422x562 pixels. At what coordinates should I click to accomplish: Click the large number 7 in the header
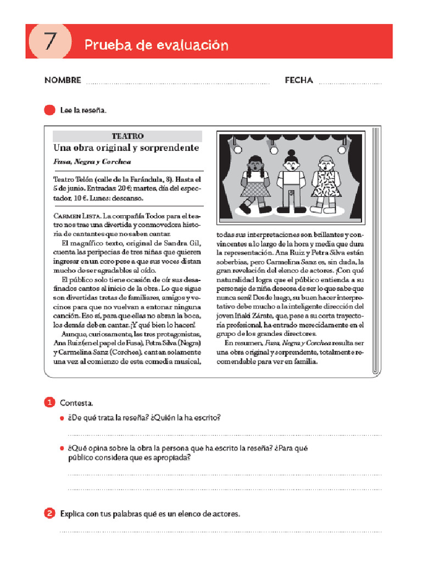pyautogui.click(x=50, y=42)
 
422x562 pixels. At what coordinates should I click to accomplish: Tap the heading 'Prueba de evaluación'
pyautogui.click(x=156, y=45)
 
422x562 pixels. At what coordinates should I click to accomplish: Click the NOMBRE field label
pyautogui.click(x=63, y=80)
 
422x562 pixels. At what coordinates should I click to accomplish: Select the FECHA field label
pyautogui.click(x=299, y=80)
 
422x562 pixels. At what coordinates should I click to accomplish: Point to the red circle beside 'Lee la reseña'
pyautogui.click(x=49, y=110)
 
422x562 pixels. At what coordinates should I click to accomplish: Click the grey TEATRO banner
pyautogui.click(x=127, y=136)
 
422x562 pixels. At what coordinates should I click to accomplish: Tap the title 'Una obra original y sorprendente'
pyautogui.click(x=126, y=148)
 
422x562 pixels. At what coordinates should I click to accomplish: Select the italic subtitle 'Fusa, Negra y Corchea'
pyautogui.click(x=92, y=162)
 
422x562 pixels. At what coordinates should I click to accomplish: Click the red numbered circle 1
pyautogui.click(x=49, y=403)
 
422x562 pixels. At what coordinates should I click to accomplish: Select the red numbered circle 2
pyautogui.click(x=49, y=514)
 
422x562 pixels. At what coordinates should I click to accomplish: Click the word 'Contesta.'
pyautogui.click(x=76, y=403)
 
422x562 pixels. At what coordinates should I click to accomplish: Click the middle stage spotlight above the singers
pyautogui.click(x=273, y=149)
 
